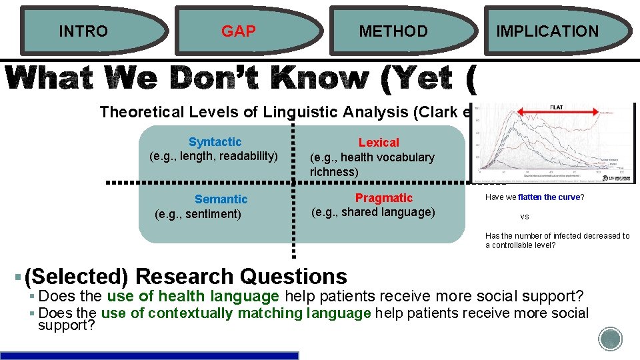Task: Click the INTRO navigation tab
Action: tap(83, 31)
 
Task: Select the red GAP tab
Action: tap(238, 31)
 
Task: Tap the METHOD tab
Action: tap(393, 31)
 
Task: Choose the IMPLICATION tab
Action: tap(547, 31)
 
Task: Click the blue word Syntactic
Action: tap(215, 142)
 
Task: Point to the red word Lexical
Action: tap(379, 143)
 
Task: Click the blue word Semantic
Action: tap(221, 199)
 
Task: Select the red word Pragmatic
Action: tap(384, 198)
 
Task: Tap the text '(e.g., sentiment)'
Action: tap(197, 214)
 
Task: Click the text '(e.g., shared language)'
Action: tap(373, 212)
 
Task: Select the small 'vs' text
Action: tap(525, 217)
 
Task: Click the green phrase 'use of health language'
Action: tap(193, 297)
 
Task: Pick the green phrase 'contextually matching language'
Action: tap(260, 313)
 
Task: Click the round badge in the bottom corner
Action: tap(610, 339)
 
